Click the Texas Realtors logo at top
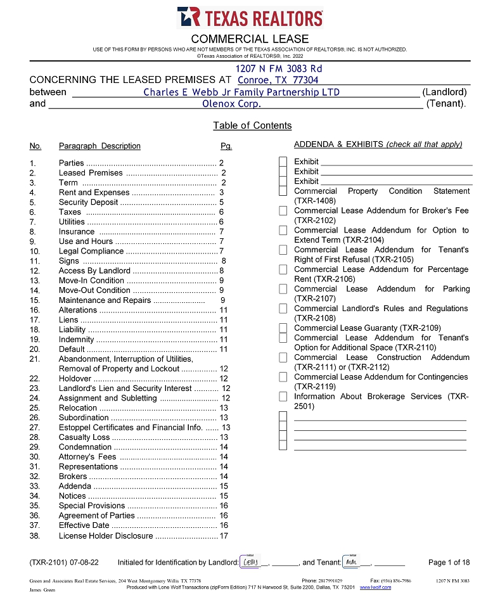coord(250,17)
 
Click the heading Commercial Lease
coord(250,39)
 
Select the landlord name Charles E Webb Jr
coord(241,92)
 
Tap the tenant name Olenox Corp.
coord(231,103)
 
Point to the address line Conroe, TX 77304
coord(278,80)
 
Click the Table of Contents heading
coord(252,125)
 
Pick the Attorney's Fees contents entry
coord(87,457)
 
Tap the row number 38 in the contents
coord(34,535)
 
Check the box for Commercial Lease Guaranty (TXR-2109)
coord(283,328)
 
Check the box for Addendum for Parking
coord(283,289)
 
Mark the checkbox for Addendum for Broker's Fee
coord(283,210)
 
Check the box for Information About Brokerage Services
coord(283,397)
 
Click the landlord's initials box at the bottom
coord(249,561)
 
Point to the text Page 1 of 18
coord(449,562)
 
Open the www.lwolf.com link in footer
coord(375,587)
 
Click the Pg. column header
coord(226,146)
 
